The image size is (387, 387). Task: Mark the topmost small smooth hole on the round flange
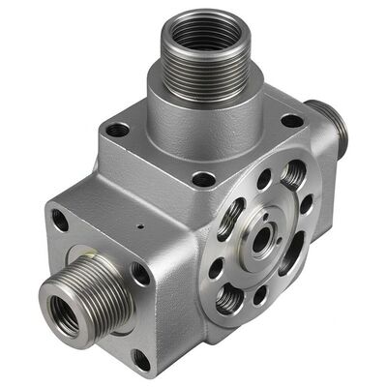pos(264,179)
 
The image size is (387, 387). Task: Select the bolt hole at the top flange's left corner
pos(117,129)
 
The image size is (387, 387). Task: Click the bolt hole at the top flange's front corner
pos(203,178)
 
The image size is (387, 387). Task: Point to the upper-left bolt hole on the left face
pos(60,221)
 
